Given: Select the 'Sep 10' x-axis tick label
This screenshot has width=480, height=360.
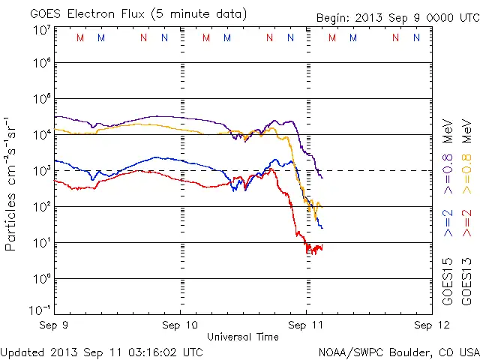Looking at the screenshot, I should [x=180, y=325].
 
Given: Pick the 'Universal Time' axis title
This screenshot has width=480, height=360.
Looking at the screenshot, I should [x=242, y=337].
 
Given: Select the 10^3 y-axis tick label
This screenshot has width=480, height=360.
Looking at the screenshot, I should [x=40, y=171].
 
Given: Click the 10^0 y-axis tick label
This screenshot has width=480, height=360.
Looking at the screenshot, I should [x=40, y=279].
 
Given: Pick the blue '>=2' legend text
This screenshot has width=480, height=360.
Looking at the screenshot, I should [x=448, y=223].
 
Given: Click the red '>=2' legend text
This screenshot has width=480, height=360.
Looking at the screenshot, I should [x=466, y=223].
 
